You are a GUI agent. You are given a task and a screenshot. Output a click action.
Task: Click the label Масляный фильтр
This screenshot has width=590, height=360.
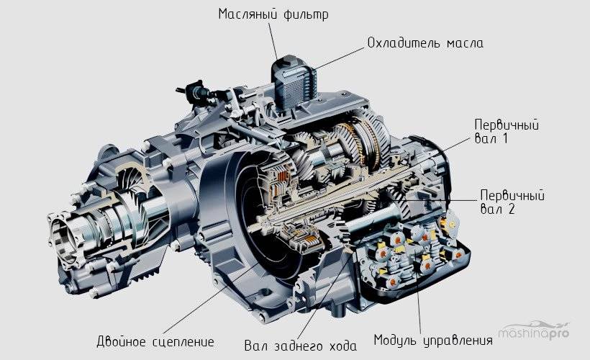273,14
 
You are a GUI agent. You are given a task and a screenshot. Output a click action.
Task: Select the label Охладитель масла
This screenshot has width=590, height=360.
425,43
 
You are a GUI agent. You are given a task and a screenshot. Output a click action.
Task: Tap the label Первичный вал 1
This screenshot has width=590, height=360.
507,132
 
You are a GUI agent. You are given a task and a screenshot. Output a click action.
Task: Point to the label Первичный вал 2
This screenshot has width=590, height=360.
512,202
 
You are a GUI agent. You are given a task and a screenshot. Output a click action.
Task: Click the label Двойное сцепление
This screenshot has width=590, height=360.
155,341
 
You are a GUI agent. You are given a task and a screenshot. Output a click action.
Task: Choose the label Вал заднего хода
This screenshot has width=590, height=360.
300,346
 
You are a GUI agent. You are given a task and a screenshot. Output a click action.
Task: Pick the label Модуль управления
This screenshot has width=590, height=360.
433,340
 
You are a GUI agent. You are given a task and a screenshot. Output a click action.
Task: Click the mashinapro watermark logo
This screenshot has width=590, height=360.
534,331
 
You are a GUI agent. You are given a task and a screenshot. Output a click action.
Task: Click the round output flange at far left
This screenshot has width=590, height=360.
64,235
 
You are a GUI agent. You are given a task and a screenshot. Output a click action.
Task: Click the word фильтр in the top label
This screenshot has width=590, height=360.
306,14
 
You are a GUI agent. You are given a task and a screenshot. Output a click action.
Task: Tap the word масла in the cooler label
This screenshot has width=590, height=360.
465,43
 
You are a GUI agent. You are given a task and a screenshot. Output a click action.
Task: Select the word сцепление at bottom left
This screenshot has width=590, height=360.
183,342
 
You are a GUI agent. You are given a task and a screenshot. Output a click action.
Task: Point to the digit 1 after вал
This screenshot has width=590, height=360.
505,138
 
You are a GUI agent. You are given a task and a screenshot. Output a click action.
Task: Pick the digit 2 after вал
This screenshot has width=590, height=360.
511,209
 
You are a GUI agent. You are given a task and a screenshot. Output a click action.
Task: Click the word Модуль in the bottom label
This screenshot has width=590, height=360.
395,340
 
